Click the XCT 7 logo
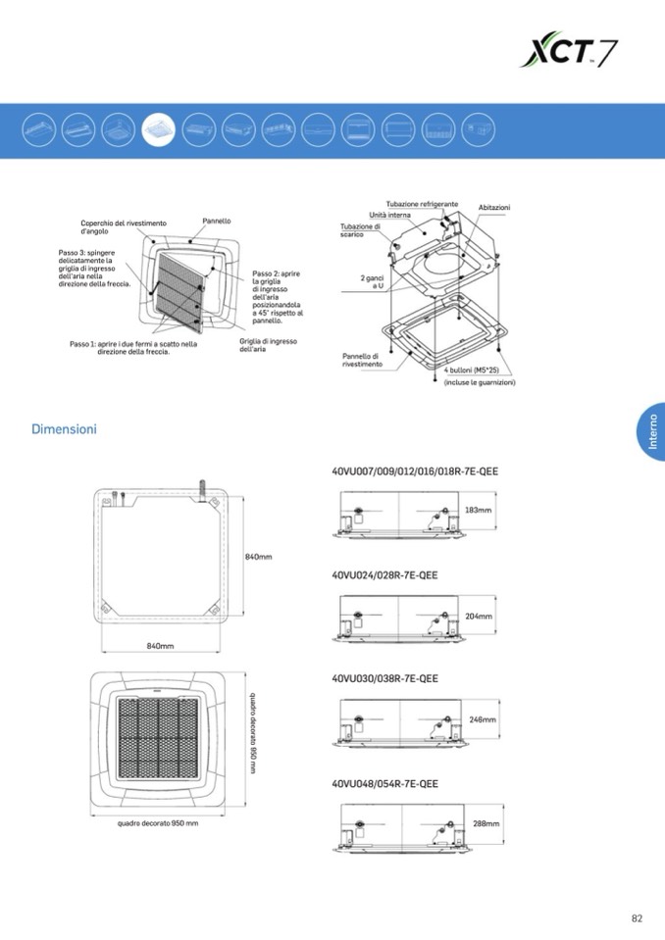pyautogui.click(x=569, y=49)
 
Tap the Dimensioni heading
pyautogui.click(x=64, y=429)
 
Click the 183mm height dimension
pyautogui.click(x=479, y=510)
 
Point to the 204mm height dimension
pyautogui.click(x=479, y=617)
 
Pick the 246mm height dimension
pyautogui.click(x=483, y=719)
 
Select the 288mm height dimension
pyautogui.click(x=486, y=823)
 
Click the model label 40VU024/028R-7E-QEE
pyautogui.click(x=384, y=575)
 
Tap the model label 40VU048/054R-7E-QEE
pyautogui.click(x=384, y=783)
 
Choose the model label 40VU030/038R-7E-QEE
pyautogui.click(x=384, y=678)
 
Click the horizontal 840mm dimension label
pyautogui.click(x=160, y=646)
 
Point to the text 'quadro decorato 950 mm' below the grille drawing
pyautogui.click(x=158, y=823)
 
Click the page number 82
pyautogui.click(x=637, y=917)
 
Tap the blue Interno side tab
pyautogui.click(x=651, y=431)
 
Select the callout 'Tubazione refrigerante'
pyautogui.click(x=422, y=205)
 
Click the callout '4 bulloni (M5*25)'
pyautogui.click(x=472, y=371)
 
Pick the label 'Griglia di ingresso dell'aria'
pyautogui.click(x=268, y=345)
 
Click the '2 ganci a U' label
pyautogui.click(x=372, y=282)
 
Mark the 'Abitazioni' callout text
pyautogui.click(x=494, y=208)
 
